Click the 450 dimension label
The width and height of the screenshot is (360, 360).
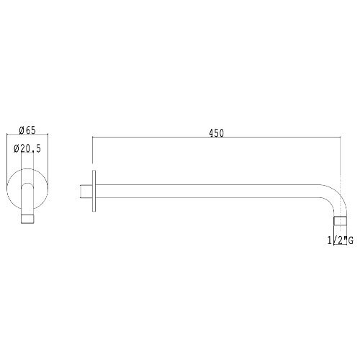point(217,133)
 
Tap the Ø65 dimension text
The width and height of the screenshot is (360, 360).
point(27,130)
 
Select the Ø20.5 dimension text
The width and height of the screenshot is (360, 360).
point(27,149)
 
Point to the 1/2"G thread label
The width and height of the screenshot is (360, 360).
point(341,240)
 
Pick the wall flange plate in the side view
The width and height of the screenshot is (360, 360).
point(94,191)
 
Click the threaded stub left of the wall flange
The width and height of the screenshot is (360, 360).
point(86,192)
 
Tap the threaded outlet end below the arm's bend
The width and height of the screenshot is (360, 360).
point(341,221)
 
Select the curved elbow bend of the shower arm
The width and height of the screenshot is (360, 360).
point(336,196)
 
